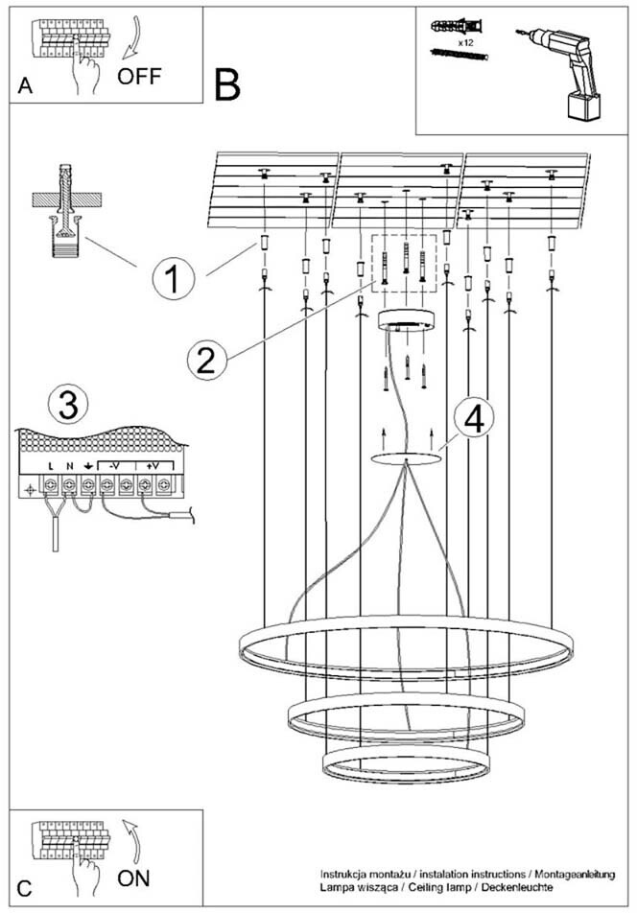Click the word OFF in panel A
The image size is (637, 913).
138,77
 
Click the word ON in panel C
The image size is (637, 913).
133,878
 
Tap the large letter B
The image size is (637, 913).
227,85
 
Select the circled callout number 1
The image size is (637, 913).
173,279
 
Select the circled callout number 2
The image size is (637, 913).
206,360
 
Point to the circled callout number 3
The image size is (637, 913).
69,406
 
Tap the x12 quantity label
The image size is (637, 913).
464,43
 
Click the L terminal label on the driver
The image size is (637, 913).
51,466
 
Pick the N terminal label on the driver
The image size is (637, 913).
69,466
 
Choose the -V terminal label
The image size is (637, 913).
115,466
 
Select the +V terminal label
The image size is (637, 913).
152,466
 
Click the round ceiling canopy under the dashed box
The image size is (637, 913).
407,320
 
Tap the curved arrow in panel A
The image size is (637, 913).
131,39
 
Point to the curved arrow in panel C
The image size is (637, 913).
132,841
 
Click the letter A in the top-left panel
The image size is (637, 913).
25,85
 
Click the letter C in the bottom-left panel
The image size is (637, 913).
24,888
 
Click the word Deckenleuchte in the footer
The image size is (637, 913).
517,887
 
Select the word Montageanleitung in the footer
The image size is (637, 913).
574,875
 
